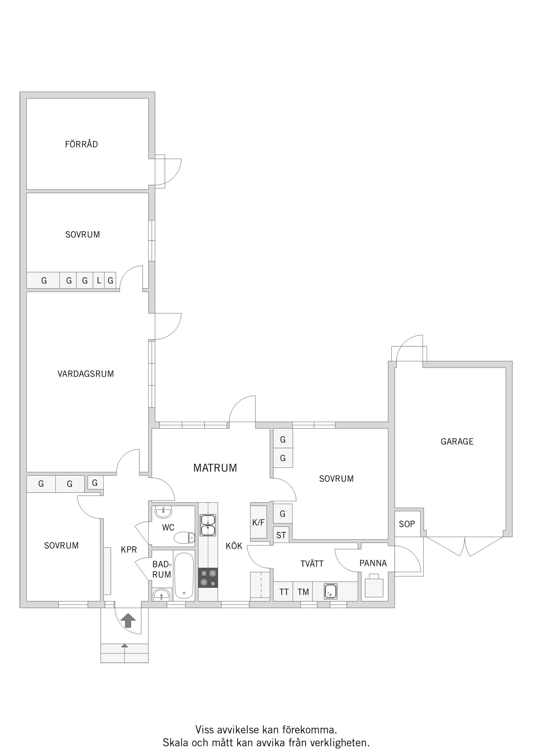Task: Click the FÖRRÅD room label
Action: click(81, 144)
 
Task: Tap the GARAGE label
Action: click(457, 441)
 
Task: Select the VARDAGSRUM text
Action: click(86, 374)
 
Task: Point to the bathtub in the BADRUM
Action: click(184, 576)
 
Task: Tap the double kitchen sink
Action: click(208, 525)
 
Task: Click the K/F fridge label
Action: click(258, 522)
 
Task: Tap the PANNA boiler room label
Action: click(373, 563)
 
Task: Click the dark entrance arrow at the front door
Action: click(128, 620)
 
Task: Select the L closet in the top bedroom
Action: click(99, 280)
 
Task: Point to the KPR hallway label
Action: click(129, 549)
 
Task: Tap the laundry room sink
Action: click(330, 591)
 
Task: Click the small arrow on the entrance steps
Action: click(124, 646)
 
